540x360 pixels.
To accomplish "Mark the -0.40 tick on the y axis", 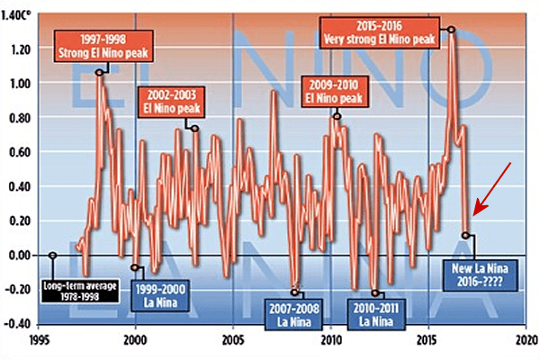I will point(19,323).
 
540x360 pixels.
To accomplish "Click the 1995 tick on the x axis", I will point(37,341).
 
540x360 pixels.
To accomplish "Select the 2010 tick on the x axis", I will point(331,341).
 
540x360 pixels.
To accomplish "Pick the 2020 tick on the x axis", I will point(526,341).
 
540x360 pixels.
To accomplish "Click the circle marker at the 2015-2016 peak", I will point(451,30).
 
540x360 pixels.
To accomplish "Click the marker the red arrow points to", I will point(465,236).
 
